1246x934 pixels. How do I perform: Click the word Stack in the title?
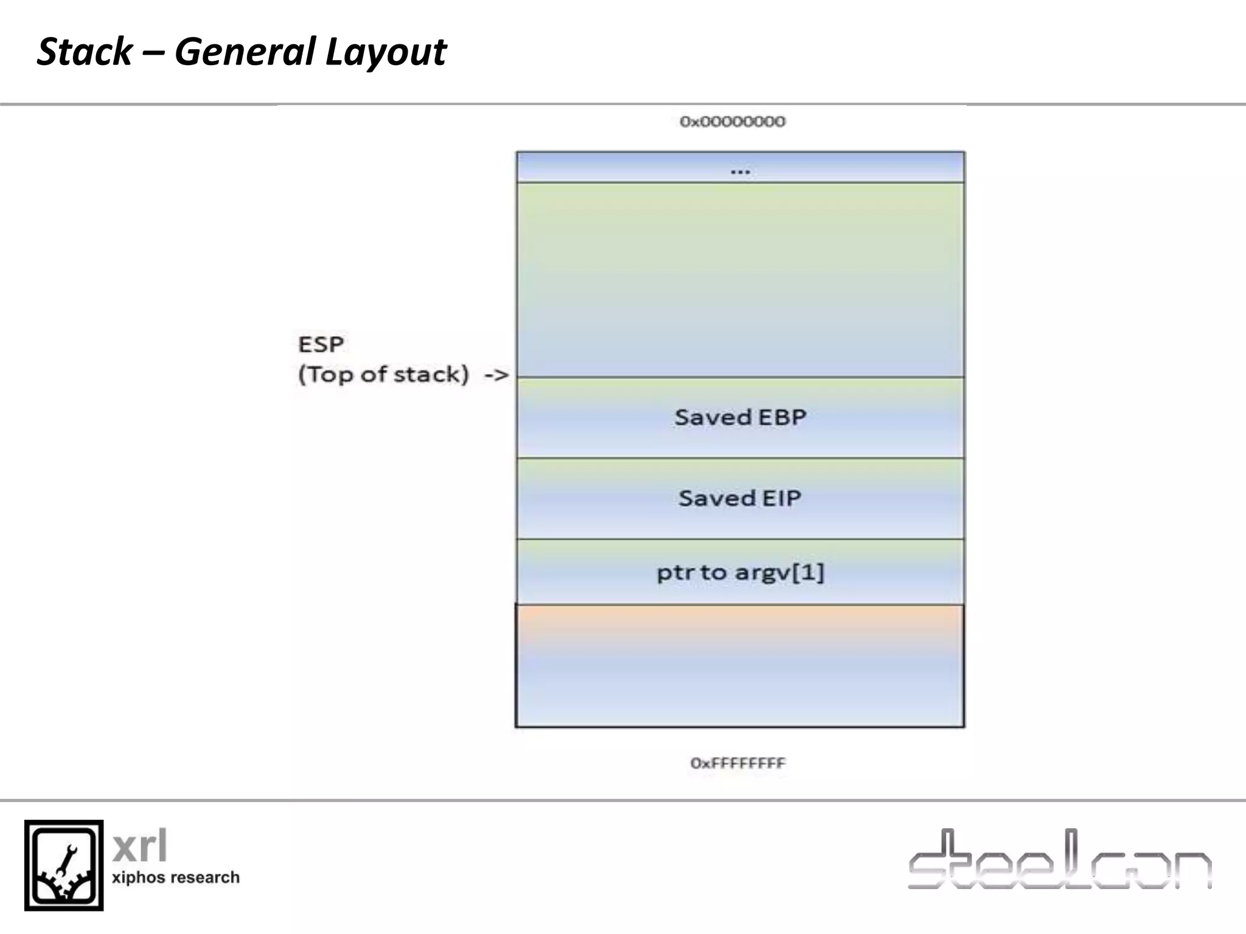85,52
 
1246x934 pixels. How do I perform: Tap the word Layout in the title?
386,52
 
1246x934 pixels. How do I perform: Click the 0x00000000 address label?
733,122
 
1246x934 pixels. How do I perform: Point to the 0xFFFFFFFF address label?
737,763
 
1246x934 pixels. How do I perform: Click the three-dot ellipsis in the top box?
740,171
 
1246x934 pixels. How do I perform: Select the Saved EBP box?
740,417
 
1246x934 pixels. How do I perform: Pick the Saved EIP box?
740,498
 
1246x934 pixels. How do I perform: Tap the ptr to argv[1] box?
740,572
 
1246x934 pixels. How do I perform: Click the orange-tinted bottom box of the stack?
740,665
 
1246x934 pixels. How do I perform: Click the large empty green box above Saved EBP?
740,280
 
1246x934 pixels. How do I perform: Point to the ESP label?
321,345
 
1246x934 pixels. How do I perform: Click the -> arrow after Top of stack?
496,375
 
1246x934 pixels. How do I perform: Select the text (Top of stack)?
383,375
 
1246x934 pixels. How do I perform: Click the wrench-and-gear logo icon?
64,865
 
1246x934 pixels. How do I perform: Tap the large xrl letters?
140,846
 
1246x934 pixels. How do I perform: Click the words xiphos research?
175,877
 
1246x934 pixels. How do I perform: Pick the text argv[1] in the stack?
779,572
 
